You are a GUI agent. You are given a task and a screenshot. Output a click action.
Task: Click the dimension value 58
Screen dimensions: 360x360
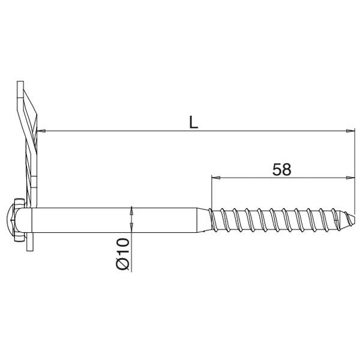pos(281,169)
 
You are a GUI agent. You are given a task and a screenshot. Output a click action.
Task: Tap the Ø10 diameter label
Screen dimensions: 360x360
pos(121,254)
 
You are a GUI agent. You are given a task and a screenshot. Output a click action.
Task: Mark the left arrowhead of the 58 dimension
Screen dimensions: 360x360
pos(216,178)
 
